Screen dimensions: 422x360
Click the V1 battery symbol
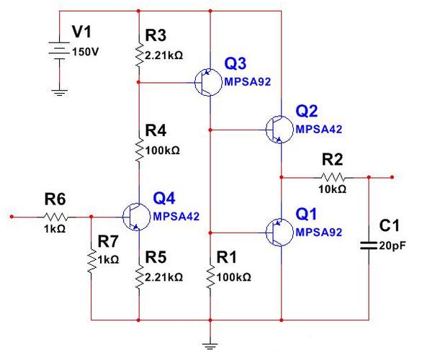[59, 50]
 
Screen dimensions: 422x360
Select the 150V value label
[85, 52]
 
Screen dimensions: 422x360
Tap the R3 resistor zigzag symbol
[139, 54]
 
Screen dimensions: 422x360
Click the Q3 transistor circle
[208, 82]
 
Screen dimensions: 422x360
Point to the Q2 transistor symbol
[279, 130]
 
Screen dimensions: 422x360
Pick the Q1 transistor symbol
[279, 233]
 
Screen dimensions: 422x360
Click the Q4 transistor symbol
[136, 217]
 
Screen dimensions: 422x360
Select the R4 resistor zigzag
[139, 149]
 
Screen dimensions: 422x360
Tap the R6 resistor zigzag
[55, 217]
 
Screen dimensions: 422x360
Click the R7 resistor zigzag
[91, 261]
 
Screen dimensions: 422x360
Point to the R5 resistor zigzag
[139, 276]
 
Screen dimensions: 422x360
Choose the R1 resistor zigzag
[210, 276]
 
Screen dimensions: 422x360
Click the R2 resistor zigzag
[333, 178]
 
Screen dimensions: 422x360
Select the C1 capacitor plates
[369, 246]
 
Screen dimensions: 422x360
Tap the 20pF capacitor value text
[392, 246]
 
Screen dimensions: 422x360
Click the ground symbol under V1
[60, 93]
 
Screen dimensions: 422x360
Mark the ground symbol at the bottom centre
[210, 346]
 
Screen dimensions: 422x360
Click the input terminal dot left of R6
[12, 217]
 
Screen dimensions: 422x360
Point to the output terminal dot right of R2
[392, 177]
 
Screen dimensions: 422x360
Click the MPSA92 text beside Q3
[247, 82]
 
